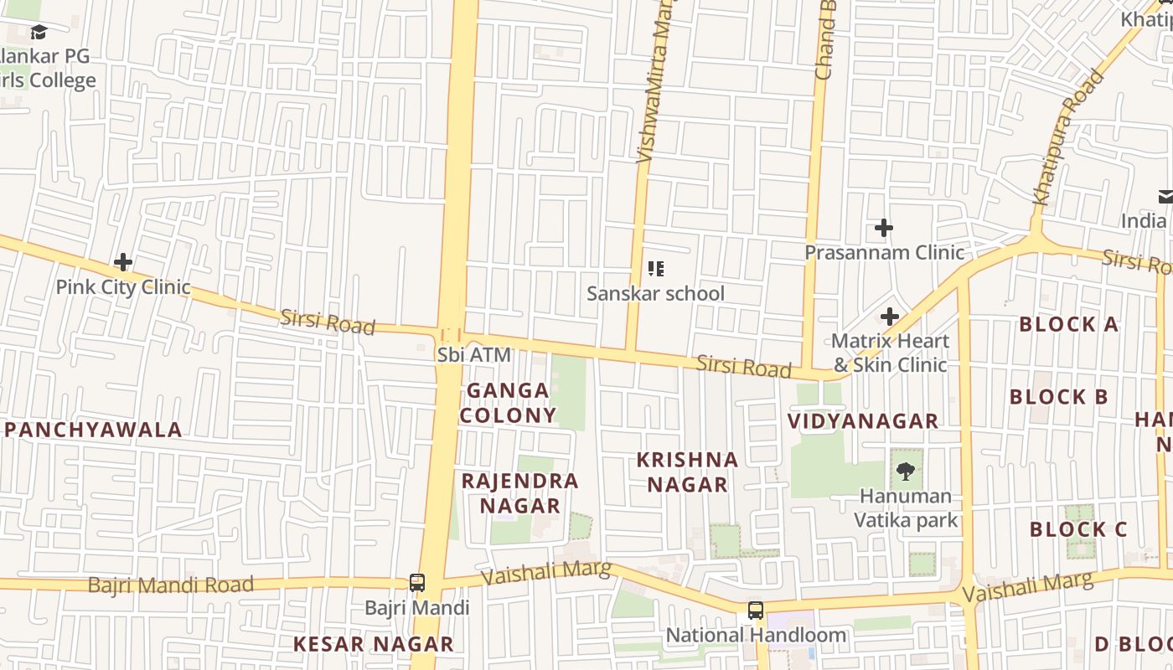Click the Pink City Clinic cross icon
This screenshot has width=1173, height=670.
tap(123, 263)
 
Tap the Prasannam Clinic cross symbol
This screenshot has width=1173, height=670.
tap(883, 228)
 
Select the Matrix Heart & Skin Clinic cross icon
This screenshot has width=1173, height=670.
tap(890, 317)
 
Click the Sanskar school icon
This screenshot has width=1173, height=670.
tap(656, 269)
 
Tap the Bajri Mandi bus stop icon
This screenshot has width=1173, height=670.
tap(416, 582)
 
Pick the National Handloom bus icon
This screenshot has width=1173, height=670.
tap(756, 611)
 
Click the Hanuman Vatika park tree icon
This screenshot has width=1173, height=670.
tap(905, 471)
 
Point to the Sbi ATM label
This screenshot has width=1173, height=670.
tap(473, 355)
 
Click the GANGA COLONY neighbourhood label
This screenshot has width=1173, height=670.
tap(508, 403)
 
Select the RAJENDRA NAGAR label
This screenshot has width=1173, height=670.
tap(520, 493)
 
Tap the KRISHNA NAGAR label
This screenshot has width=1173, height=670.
tap(687, 472)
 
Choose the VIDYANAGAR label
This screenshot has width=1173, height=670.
tap(863, 421)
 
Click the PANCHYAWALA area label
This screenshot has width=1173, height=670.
tap(93, 430)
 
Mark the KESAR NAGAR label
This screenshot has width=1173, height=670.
tap(373, 644)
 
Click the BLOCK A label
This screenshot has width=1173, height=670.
tap(1068, 325)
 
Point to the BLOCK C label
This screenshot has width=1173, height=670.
tap(1078, 529)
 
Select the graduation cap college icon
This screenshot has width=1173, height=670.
tap(39, 33)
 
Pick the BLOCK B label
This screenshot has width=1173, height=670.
tap(1059, 397)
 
